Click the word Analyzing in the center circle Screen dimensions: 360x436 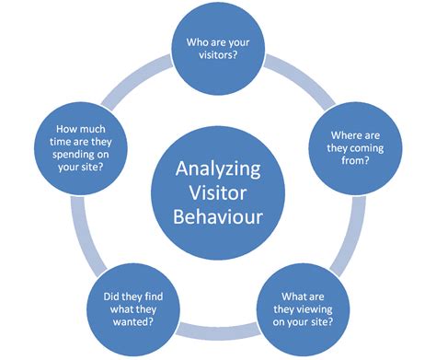(217, 169)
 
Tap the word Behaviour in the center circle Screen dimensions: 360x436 (217, 217)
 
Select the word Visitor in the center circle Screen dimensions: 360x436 (217, 193)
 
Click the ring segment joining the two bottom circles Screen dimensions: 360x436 (217, 327)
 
